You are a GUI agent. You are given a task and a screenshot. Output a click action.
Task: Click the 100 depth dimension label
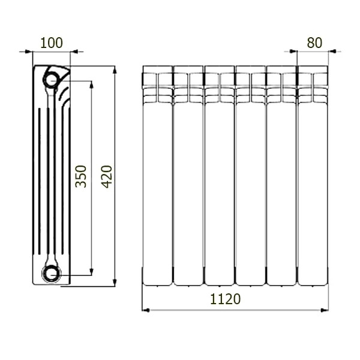pos(52,43)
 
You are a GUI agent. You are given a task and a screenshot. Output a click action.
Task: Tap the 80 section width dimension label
pos(314,43)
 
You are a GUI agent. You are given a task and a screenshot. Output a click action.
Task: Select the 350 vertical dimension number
pos(81,176)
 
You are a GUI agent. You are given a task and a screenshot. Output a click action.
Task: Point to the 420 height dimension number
pos(107,176)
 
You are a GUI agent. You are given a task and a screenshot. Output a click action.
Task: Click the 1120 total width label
pos(226,299)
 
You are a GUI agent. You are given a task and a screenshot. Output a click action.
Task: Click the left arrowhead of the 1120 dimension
pos(146,310)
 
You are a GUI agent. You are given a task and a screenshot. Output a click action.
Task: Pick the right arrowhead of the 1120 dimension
pos(325,310)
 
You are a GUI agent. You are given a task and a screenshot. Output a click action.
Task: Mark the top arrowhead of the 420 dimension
pos(115,70)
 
